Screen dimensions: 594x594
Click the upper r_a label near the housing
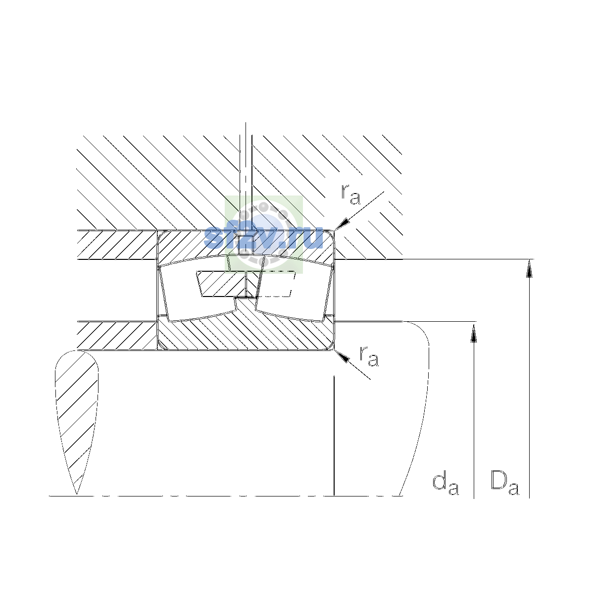click(350, 195)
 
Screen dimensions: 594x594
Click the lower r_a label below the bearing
click(369, 356)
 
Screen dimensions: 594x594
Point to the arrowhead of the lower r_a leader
click(342, 356)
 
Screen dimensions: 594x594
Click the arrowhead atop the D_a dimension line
click(529, 268)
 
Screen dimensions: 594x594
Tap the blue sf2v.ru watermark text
click(263, 237)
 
